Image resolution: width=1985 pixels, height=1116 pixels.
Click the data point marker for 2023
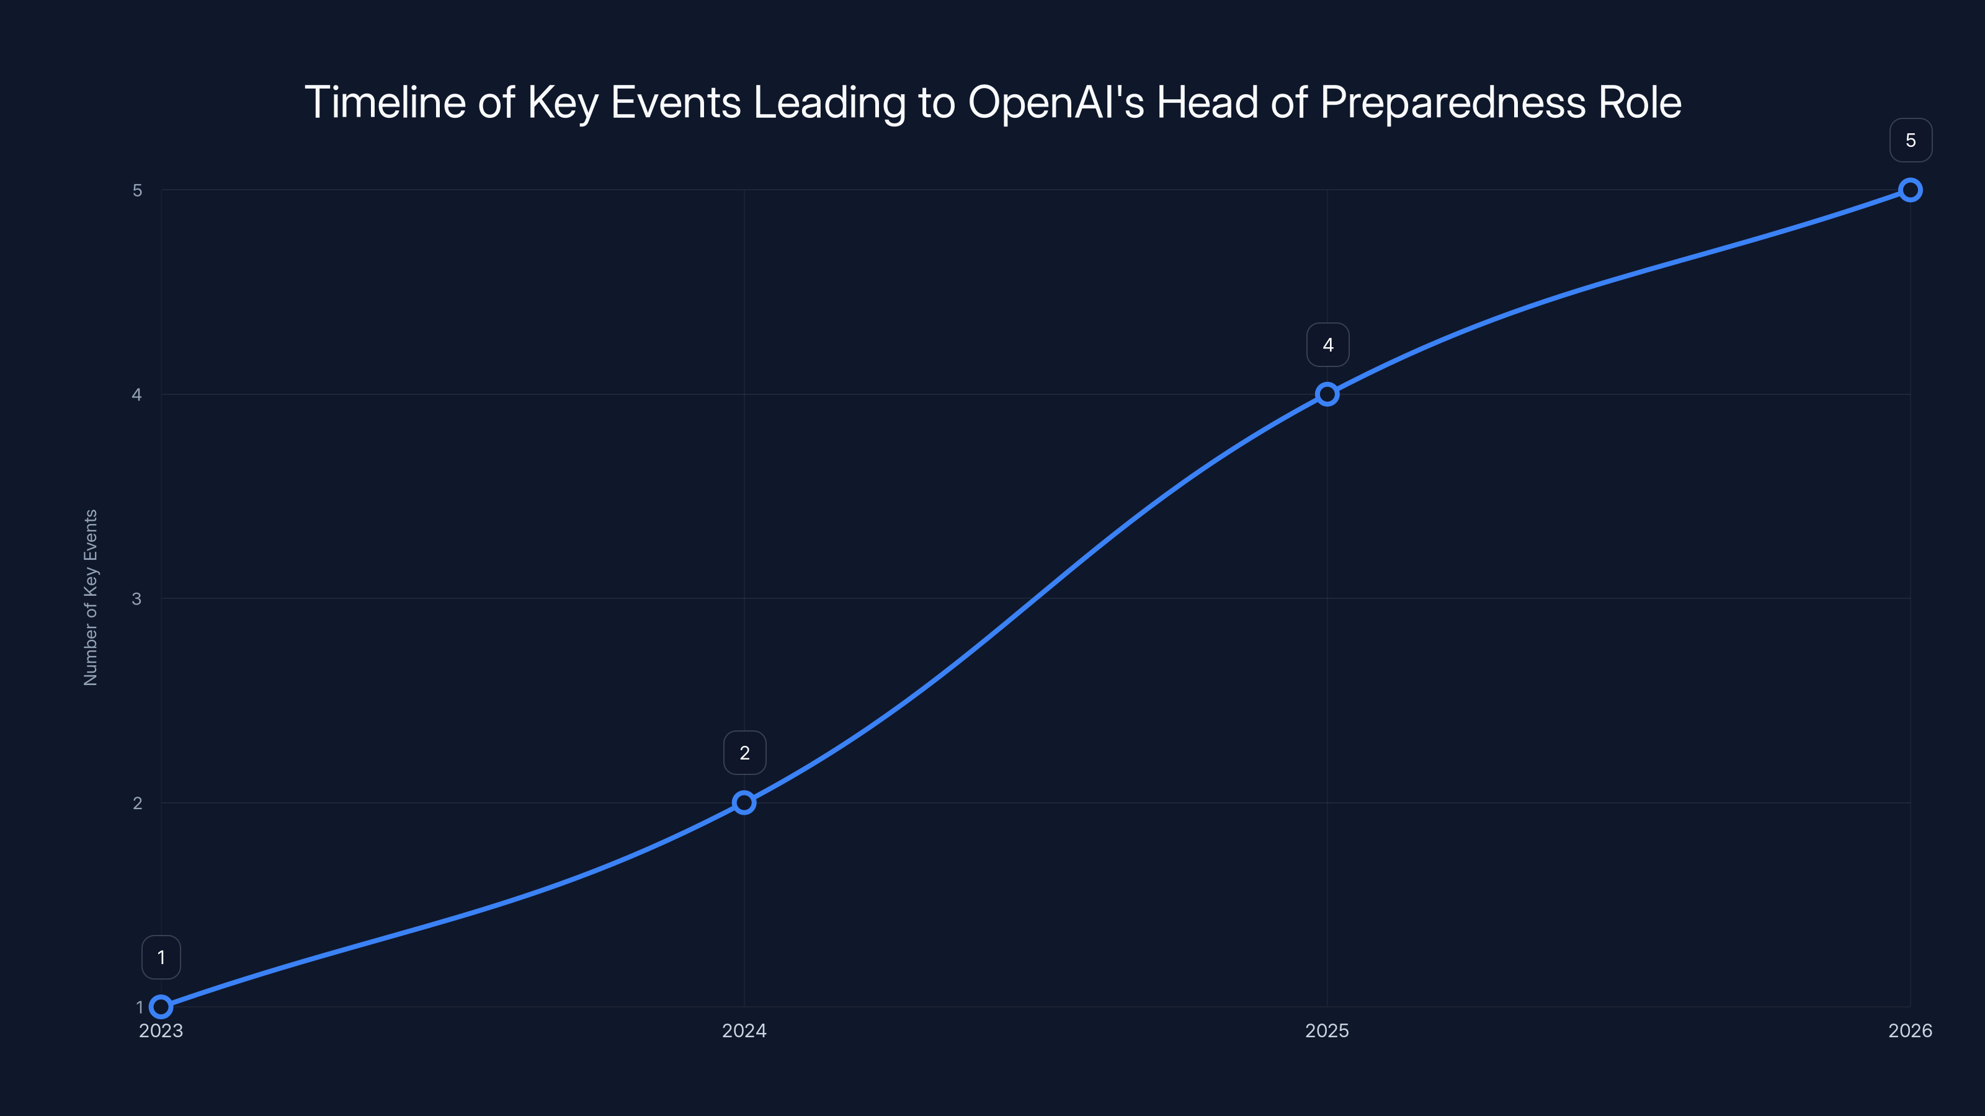[x=161, y=1007]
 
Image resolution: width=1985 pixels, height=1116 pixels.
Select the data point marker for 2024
[x=744, y=802]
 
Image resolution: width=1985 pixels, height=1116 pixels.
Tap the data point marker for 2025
[x=1327, y=394]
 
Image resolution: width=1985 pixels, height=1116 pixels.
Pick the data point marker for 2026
[x=1911, y=190]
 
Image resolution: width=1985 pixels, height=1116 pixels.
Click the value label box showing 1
[x=161, y=957]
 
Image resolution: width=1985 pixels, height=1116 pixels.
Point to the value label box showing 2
[x=744, y=753]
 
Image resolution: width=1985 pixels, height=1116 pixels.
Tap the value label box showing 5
[x=1911, y=140]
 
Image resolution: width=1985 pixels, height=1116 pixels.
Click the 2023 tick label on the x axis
[x=161, y=1031]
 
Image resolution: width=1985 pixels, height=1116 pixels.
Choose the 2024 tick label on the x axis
[x=744, y=1031]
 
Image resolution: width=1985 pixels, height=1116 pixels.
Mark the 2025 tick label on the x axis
[x=1327, y=1031]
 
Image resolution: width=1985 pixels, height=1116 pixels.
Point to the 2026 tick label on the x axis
[x=1911, y=1031]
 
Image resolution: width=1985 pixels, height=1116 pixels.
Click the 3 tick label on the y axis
[x=137, y=598]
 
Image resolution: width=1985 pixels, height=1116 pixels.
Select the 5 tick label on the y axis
[x=137, y=190]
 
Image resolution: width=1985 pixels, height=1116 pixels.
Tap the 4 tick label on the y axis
[x=137, y=394]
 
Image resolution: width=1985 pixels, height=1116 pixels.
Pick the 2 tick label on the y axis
[x=137, y=802]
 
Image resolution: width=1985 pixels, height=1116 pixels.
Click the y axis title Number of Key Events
[x=91, y=598]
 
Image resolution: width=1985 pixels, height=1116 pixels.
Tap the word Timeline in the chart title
[x=385, y=102]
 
